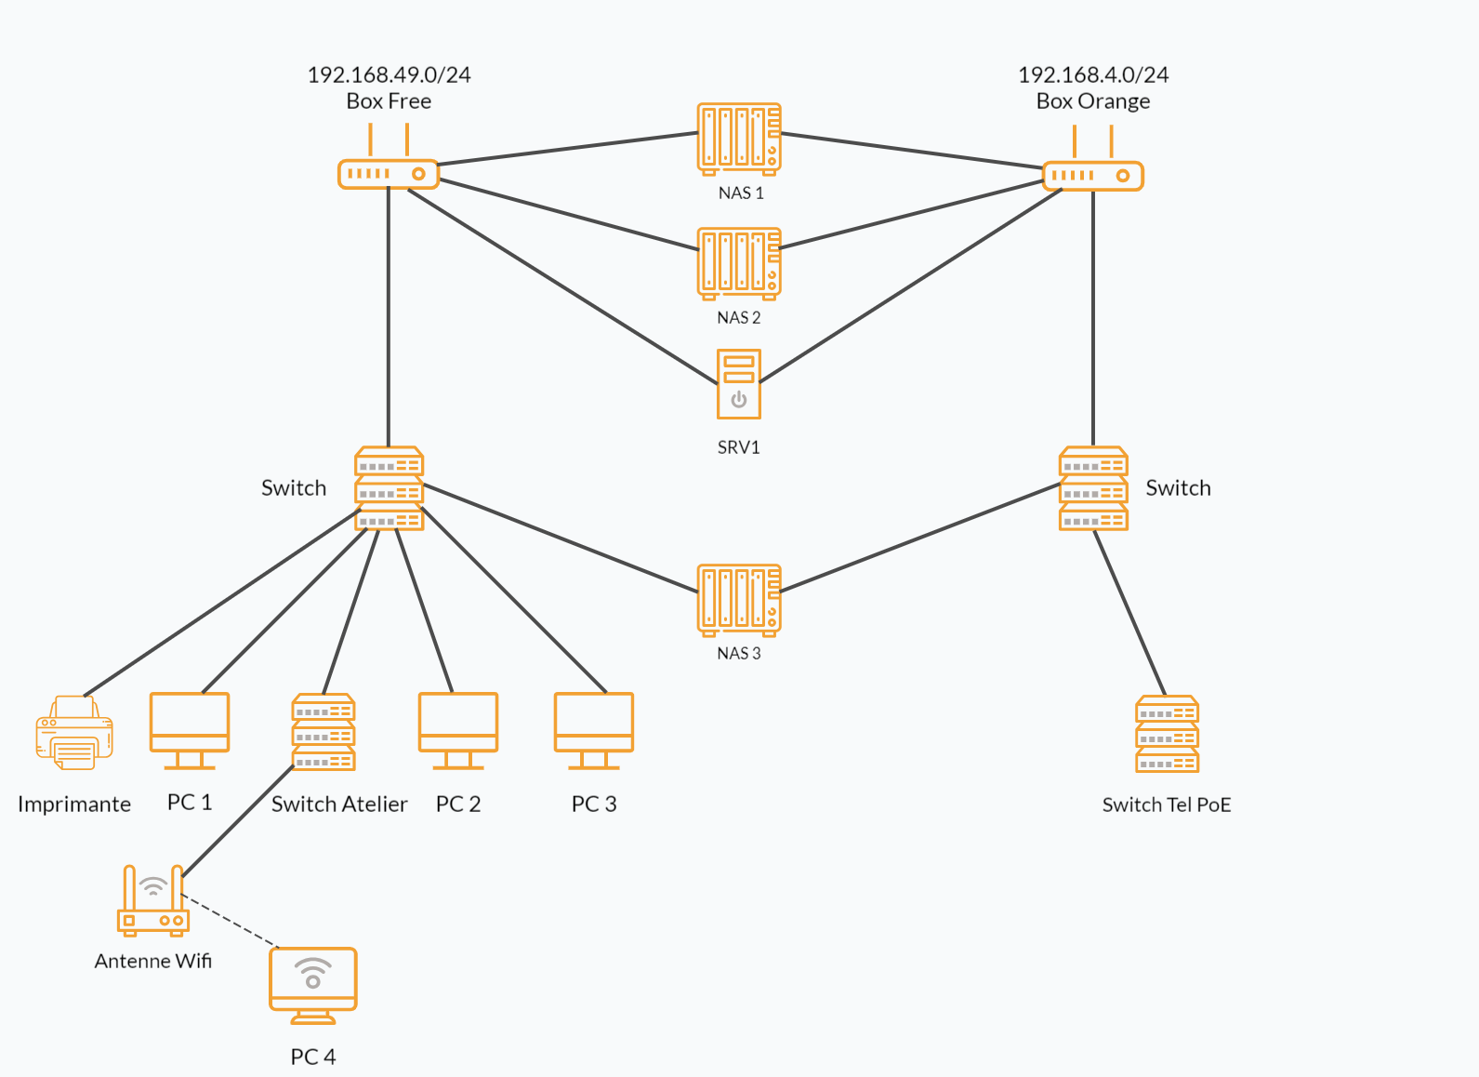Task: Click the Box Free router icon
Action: [x=388, y=173]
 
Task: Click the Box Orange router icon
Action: [x=1092, y=175]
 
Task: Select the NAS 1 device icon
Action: [x=739, y=139]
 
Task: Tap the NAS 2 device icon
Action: [x=739, y=263]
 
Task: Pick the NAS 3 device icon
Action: [x=739, y=600]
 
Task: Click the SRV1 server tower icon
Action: [x=739, y=384]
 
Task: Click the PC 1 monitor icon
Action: [x=190, y=730]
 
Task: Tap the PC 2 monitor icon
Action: [x=458, y=730]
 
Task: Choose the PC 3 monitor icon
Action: [x=594, y=730]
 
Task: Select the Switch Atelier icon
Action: [x=324, y=732]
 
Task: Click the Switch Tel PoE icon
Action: [x=1167, y=734]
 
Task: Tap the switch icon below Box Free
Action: [x=390, y=488]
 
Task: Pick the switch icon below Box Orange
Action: [x=1093, y=488]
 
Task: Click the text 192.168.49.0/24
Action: [x=389, y=74]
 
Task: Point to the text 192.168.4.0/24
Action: [x=1093, y=74]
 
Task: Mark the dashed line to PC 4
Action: [x=230, y=921]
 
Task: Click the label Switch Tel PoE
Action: [x=1167, y=804]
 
